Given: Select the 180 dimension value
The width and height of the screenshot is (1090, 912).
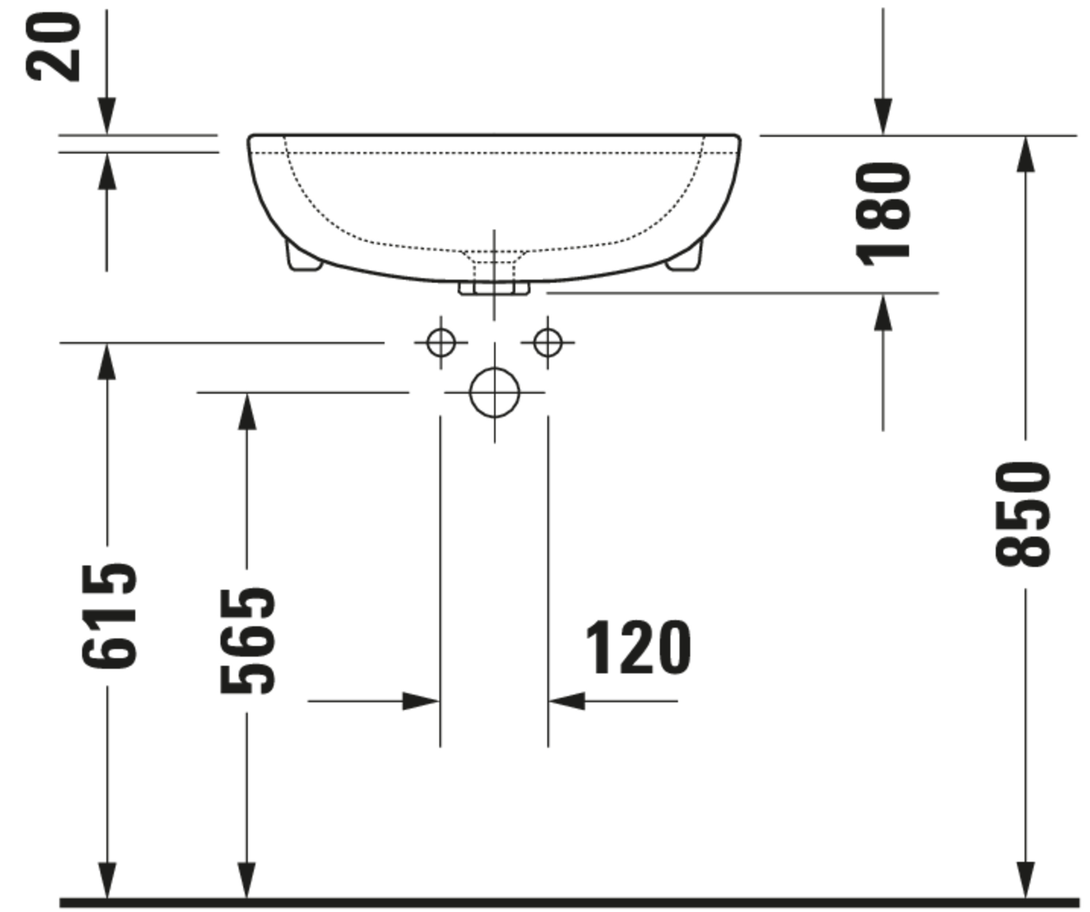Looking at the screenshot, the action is tap(883, 214).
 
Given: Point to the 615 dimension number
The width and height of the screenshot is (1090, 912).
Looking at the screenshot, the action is tap(109, 616).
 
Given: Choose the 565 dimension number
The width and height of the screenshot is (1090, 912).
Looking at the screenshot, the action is tap(247, 641).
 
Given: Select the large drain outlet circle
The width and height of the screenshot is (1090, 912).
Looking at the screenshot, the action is tap(494, 392).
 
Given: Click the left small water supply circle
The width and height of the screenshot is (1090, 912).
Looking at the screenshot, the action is tap(441, 343).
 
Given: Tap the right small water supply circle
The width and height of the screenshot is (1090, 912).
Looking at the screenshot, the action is tap(548, 343).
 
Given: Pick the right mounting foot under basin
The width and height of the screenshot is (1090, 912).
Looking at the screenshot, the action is tap(684, 257).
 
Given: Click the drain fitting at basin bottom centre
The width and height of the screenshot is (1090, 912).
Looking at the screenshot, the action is tap(494, 288).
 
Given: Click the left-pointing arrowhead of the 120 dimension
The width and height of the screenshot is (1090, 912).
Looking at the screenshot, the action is tap(567, 701).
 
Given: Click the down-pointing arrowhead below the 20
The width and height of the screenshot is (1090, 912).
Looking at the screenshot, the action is tap(107, 116).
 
